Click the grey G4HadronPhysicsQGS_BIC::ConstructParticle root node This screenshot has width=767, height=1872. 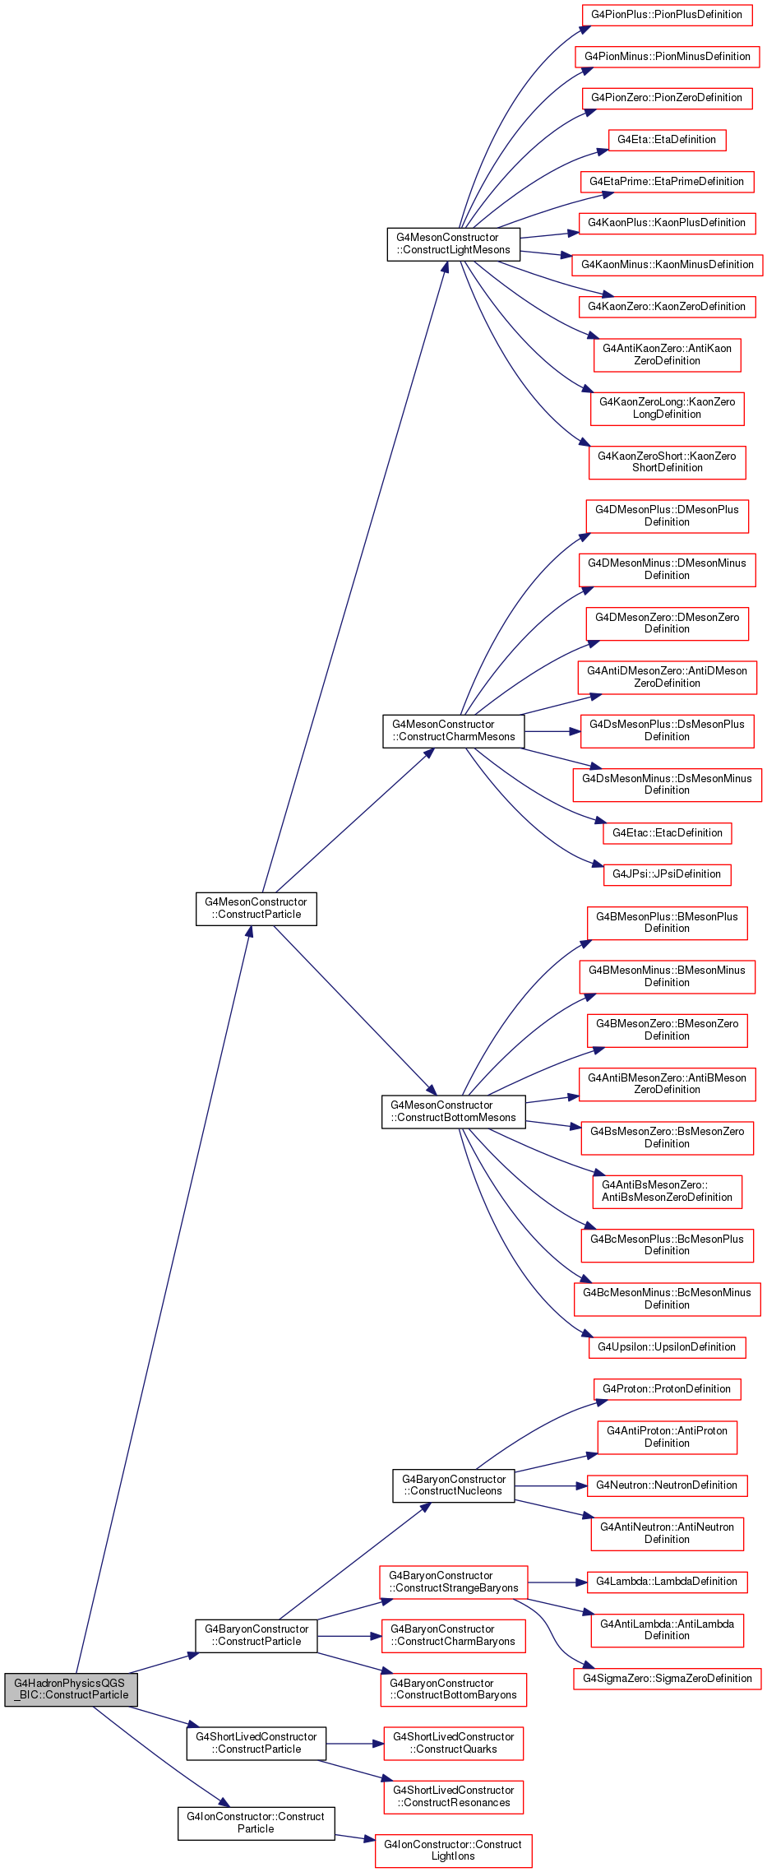[x=72, y=1689]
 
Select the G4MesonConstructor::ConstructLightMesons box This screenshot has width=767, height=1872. [x=454, y=244]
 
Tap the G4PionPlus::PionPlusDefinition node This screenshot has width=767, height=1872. [x=667, y=15]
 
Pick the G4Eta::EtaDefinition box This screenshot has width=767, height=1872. [x=667, y=140]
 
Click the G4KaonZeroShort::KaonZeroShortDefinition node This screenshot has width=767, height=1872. [x=667, y=462]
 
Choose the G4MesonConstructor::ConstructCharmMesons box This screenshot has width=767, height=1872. [x=454, y=731]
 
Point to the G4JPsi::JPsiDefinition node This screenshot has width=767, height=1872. [x=667, y=874]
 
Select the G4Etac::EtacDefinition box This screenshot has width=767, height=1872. [x=667, y=833]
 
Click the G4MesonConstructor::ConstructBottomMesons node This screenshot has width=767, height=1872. [x=454, y=1112]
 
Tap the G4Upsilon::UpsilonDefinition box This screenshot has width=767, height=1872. [x=667, y=1347]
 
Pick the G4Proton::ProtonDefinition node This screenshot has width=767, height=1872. [x=667, y=1389]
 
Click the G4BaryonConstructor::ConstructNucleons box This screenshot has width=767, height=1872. [x=454, y=1485]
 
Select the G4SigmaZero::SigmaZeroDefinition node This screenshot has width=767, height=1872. [x=667, y=1679]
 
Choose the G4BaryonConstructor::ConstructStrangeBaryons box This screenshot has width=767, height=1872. [x=454, y=1582]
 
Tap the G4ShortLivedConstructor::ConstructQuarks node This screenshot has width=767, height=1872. [x=454, y=1744]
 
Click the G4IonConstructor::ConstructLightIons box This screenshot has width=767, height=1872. [x=454, y=1851]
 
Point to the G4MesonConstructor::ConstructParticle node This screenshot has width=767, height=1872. [x=256, y=909]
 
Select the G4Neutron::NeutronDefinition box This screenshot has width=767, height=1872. [x=667, y=1485]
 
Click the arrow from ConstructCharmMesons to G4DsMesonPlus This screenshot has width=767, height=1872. [x=552, y=731]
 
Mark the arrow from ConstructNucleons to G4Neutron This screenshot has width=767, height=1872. [x=551, y=1485]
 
